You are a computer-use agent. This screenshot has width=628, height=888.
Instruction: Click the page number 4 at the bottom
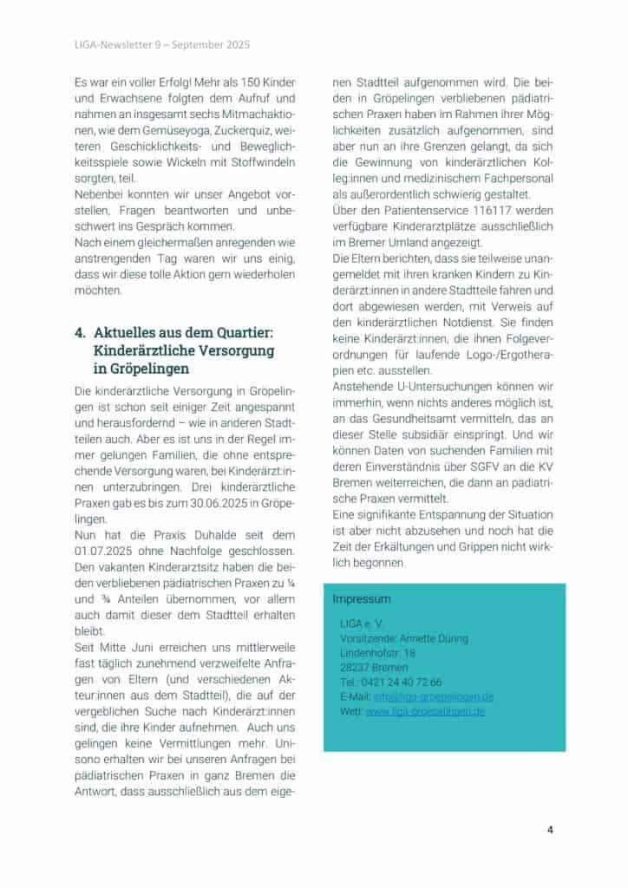pos(550,828)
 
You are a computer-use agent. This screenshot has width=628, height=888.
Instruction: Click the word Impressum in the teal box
pos(362,598)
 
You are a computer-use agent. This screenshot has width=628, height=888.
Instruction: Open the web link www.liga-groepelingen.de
pos(425,711)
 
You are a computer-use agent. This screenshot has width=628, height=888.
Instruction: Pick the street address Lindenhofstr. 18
pos(378,652)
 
